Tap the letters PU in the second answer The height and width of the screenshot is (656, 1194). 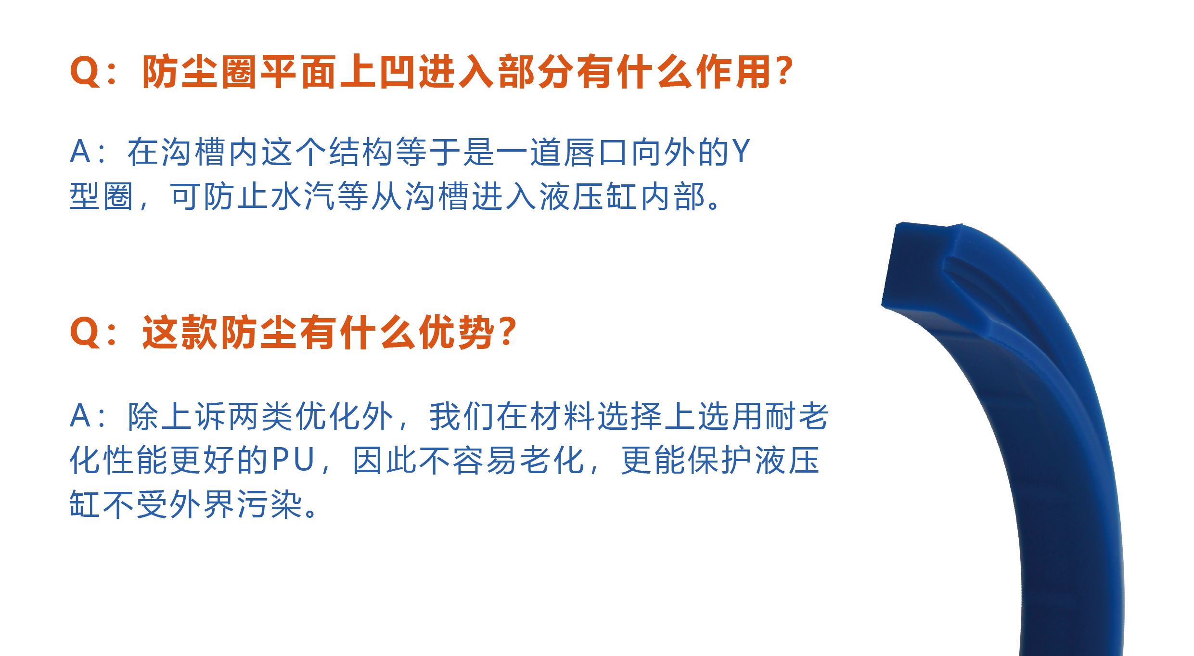pyautogui.click(x=294, y=459)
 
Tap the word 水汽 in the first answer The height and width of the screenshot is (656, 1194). pyautogui.click(x=303, y=196)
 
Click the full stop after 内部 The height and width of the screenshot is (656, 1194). pyautogui.click(x=714, y=205)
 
